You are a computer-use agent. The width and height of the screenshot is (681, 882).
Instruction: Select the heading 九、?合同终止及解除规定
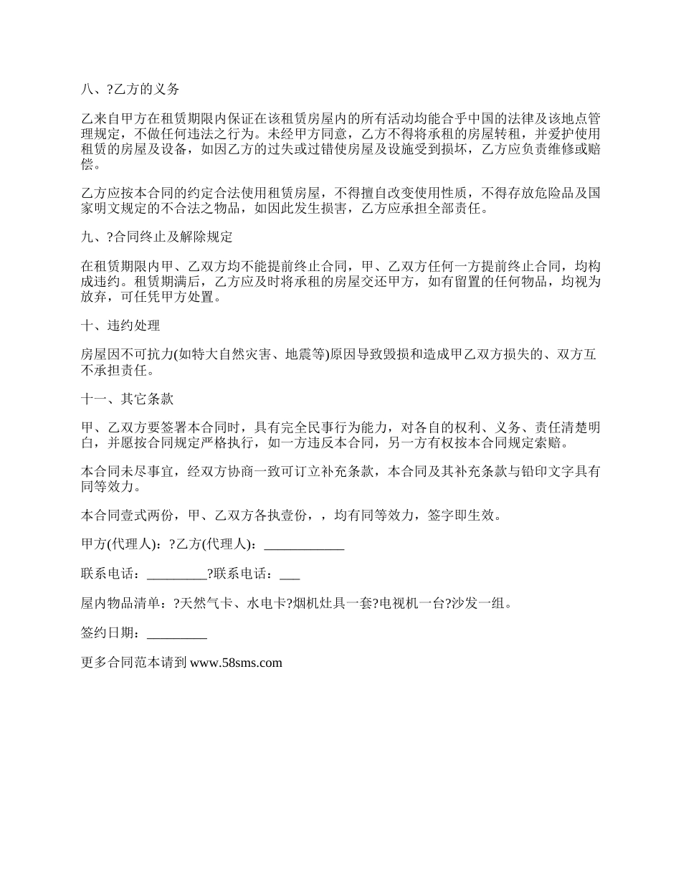click(x=157, y=237)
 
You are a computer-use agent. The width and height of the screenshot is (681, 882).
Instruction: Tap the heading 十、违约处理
click(x=120, y=326)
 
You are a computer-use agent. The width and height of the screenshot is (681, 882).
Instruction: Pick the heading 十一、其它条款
click(x=127, y=399)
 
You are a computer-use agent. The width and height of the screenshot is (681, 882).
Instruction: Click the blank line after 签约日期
click(x=176, y=633)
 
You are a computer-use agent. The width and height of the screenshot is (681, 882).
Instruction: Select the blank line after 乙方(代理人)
click(x=304, y=545)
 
